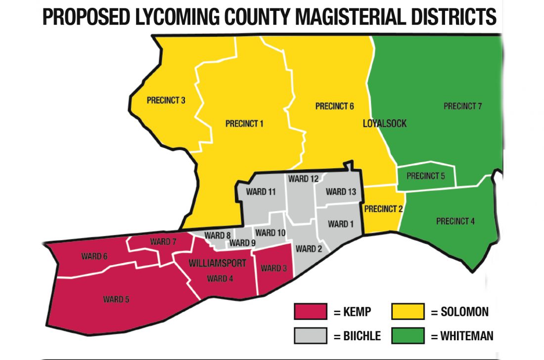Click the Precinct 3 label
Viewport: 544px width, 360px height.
point(166,100)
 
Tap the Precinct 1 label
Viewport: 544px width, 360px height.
point(244,124)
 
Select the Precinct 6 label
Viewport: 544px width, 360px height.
point(335,106)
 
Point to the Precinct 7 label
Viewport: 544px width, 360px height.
point(462,106)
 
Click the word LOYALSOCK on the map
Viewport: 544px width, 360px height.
point(385,124)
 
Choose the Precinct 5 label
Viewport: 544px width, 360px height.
point(426,176)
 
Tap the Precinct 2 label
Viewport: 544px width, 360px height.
point(383,209)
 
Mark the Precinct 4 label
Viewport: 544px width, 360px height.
point(455,221)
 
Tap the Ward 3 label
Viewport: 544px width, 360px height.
point(273,268)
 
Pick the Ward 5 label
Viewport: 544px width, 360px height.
point(116,299)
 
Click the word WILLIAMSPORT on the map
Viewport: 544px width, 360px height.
point(218,263)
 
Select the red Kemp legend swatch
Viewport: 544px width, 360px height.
point(310,312)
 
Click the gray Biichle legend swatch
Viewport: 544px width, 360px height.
point(310,336)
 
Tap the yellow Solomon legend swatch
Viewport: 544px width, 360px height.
point(408,312)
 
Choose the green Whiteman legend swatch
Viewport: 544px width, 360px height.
point(408,336)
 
